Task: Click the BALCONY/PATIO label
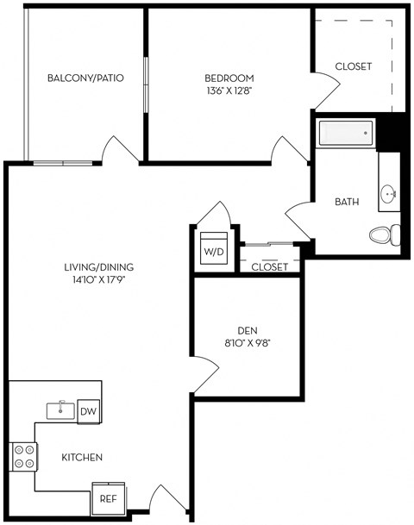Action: pos(85,78)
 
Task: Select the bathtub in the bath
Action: pos(346,134)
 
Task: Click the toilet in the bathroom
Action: pos(384,233)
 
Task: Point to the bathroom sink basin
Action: pos(389,194)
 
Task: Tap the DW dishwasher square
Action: pos(89,412)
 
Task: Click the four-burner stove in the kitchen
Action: pos(24,455)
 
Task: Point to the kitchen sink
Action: pos(60,409)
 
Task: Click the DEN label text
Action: pos(247,330)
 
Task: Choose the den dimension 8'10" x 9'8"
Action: pos(247,343)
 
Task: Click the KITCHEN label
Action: pos(82,457)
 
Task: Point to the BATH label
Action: pos(347,203)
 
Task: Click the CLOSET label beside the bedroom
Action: pos(352,66)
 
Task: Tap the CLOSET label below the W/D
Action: pos(269,267)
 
